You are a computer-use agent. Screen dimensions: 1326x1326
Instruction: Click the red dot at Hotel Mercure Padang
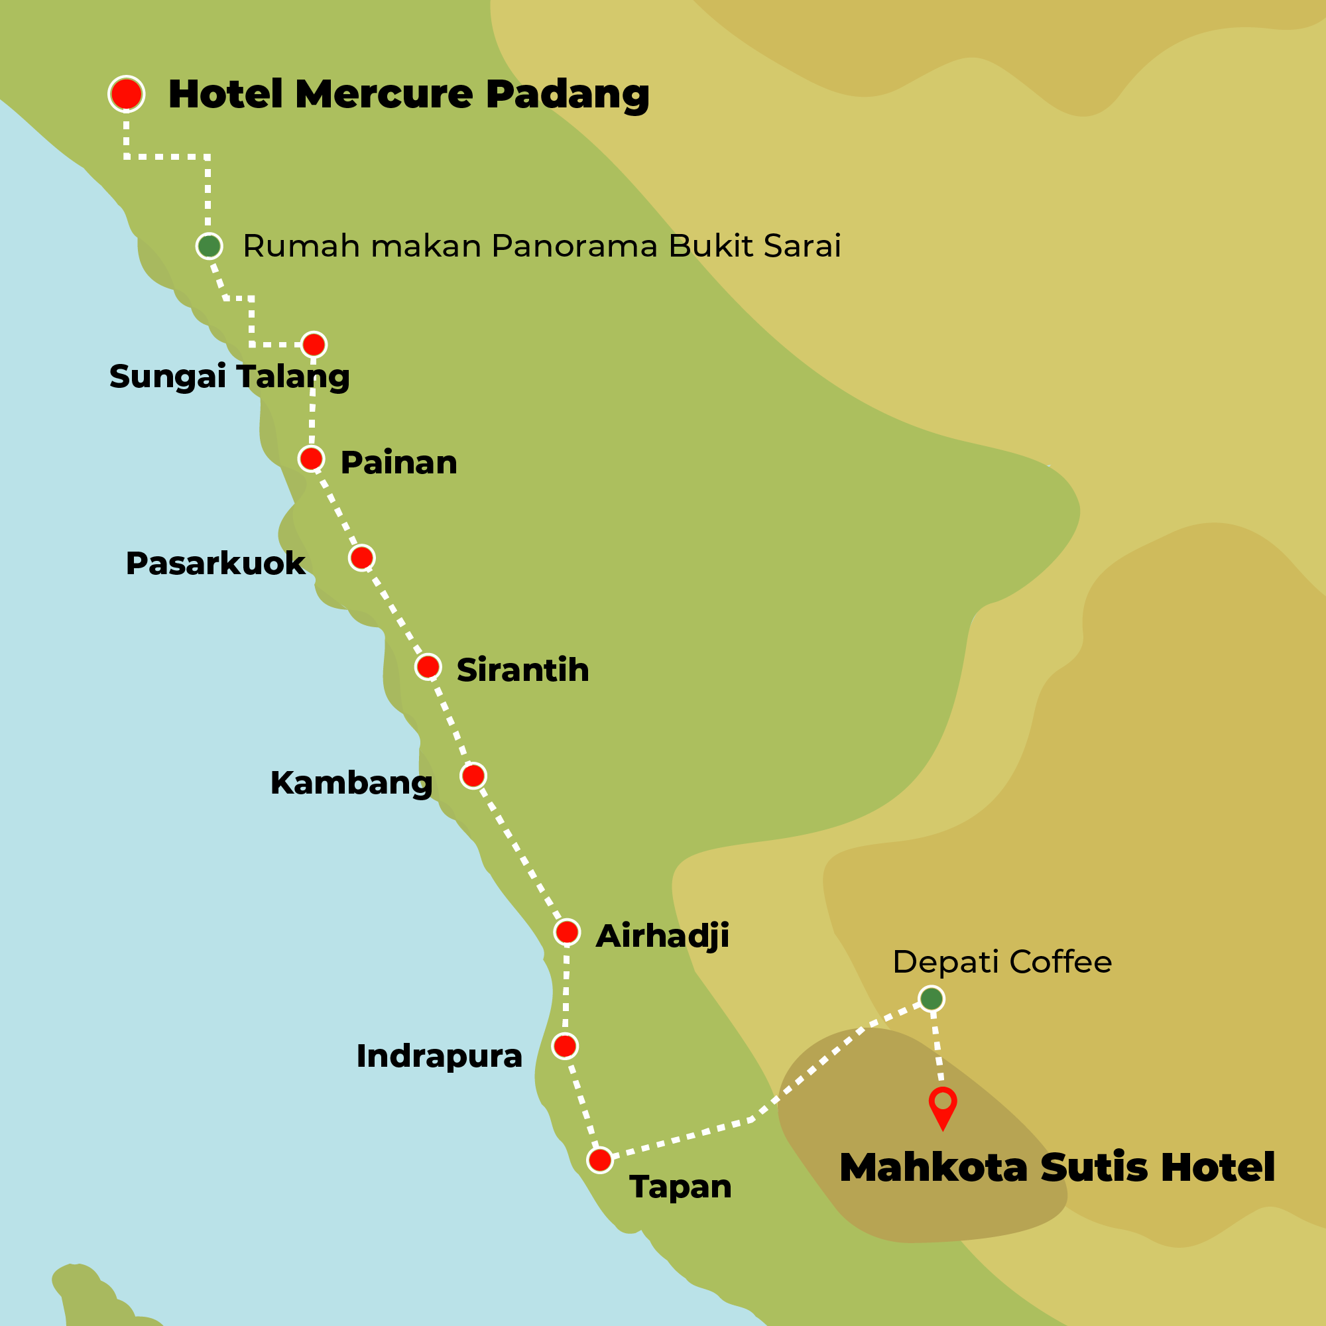(x=126, y=93)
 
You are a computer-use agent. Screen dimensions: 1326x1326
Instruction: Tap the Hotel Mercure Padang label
(x=408, y=94)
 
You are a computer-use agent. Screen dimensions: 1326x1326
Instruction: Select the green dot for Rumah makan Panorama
(x=210, y=246)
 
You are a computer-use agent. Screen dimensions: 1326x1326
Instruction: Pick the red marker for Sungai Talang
(x=314, y=345)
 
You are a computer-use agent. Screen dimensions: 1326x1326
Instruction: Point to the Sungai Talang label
(x=229, y=377)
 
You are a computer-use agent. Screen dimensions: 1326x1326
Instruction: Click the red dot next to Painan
(x=311, y=459)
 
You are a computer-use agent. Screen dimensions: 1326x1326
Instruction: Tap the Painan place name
(x=398, y=463)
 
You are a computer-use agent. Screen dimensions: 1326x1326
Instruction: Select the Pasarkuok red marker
(x=362, y=558)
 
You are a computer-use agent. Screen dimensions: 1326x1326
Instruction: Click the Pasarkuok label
(x=215, y=564)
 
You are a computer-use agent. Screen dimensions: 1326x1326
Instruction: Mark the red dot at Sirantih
(x=428, y=666)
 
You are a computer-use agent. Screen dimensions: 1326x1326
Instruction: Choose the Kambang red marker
(x=473, y=776)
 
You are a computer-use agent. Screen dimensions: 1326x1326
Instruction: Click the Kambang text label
(x=351, y=783)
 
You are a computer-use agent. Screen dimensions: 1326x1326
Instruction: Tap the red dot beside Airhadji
(x=567, y=932)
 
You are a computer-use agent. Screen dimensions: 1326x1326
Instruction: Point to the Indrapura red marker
(x=565, y=1046)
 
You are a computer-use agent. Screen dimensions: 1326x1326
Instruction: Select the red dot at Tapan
(x=600, y=1160)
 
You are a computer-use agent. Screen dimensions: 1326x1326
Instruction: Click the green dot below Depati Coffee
(x=932, y=998)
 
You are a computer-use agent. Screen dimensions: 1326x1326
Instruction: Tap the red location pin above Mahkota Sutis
(x=943, y=1105)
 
